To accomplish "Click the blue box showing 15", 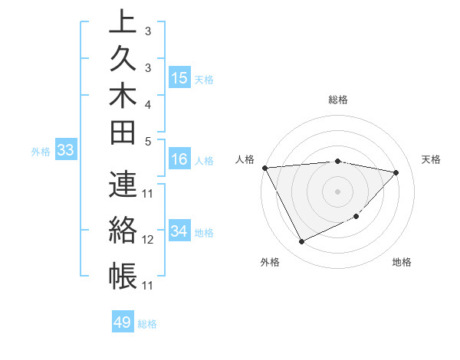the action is tap(179, 78).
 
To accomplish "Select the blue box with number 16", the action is tap(179, 159).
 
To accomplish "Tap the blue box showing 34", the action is tap(179, 231).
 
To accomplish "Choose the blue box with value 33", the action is tap(66, 151).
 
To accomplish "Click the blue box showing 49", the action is tap(123, 322).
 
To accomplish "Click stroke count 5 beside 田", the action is tap(147, 142).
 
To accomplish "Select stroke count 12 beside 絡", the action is tap(149, 240).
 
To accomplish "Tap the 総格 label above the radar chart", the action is tap(338, 100).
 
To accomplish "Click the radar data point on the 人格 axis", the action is tap(264, 167).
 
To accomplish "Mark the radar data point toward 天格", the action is tap(396, 172).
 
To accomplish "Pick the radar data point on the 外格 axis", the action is tap(301, 242).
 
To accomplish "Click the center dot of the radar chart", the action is tap(338, 191).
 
